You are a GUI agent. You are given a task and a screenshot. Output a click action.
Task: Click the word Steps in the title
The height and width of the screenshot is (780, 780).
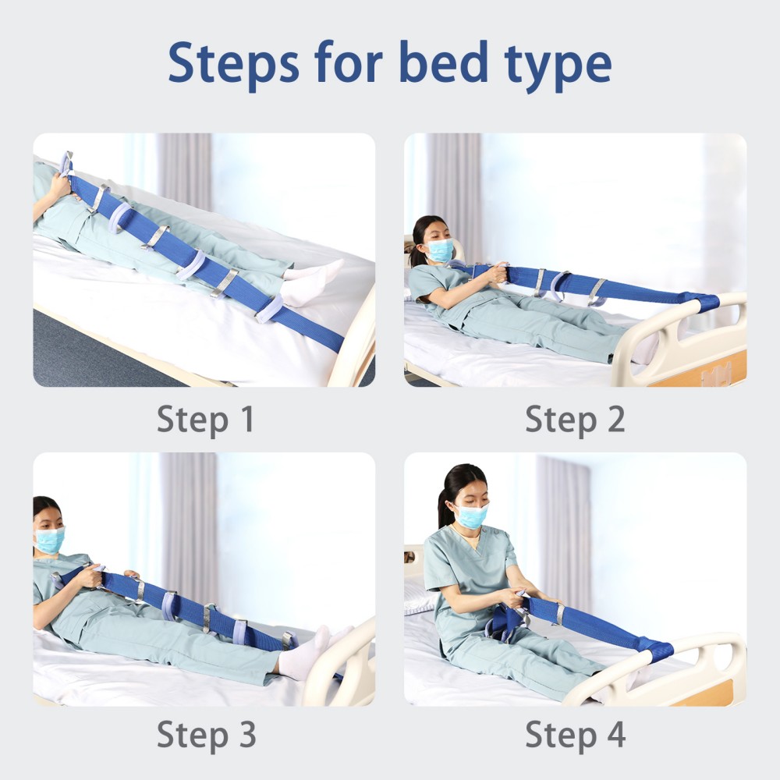[234, 65]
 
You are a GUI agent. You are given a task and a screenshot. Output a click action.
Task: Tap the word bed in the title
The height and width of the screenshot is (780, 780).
[444, 62]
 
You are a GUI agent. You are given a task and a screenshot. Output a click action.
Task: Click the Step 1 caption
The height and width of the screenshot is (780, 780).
[205, 420]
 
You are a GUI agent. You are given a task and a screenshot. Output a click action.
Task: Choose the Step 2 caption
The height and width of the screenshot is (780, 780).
[575, 420]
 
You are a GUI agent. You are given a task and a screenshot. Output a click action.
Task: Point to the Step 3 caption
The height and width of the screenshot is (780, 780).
[207, 736]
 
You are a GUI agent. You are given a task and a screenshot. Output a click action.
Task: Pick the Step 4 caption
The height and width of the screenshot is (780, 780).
[576, 736]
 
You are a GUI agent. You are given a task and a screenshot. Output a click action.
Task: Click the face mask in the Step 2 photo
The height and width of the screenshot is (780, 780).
[440, 250]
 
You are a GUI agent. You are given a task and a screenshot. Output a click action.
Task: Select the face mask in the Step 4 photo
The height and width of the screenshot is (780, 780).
[473, 516]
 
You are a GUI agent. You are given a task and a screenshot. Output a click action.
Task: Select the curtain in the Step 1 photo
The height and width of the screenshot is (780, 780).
[185, 172]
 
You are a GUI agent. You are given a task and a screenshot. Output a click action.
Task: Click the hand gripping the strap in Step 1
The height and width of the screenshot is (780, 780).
[61, 187]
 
